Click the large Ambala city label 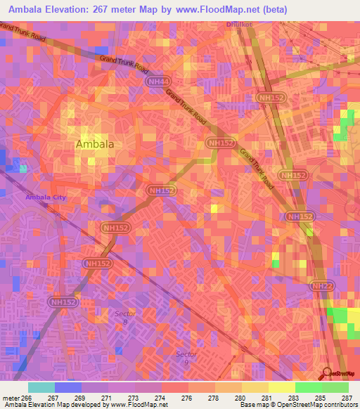click(94, 144)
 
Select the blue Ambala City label click(46, 197)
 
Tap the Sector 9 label click(186, 357)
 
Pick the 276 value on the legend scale click(174, 397)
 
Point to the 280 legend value click(229, 397)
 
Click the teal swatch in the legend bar click(41, 387)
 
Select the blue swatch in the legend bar click(68, 387)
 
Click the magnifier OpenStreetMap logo click(328, 374)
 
